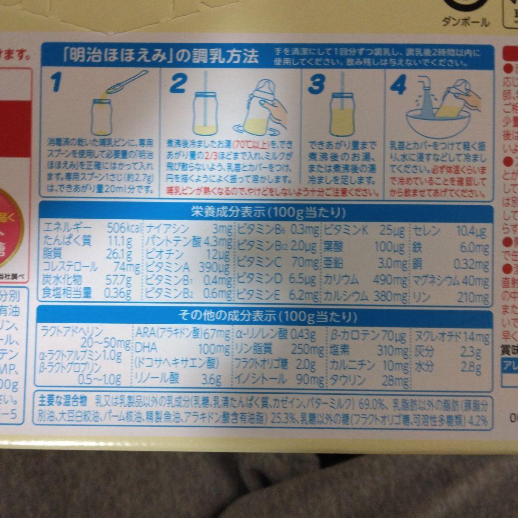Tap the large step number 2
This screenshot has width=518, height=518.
[x=178, y=83]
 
